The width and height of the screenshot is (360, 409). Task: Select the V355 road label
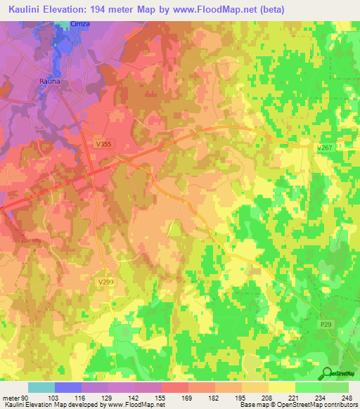coord(104,143)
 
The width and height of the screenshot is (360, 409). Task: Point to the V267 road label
coord(325,148)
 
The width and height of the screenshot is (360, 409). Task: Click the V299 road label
coord(105,281)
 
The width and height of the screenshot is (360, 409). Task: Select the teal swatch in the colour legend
coord(41,387)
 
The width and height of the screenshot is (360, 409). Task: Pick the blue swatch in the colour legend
coord(68,387)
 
